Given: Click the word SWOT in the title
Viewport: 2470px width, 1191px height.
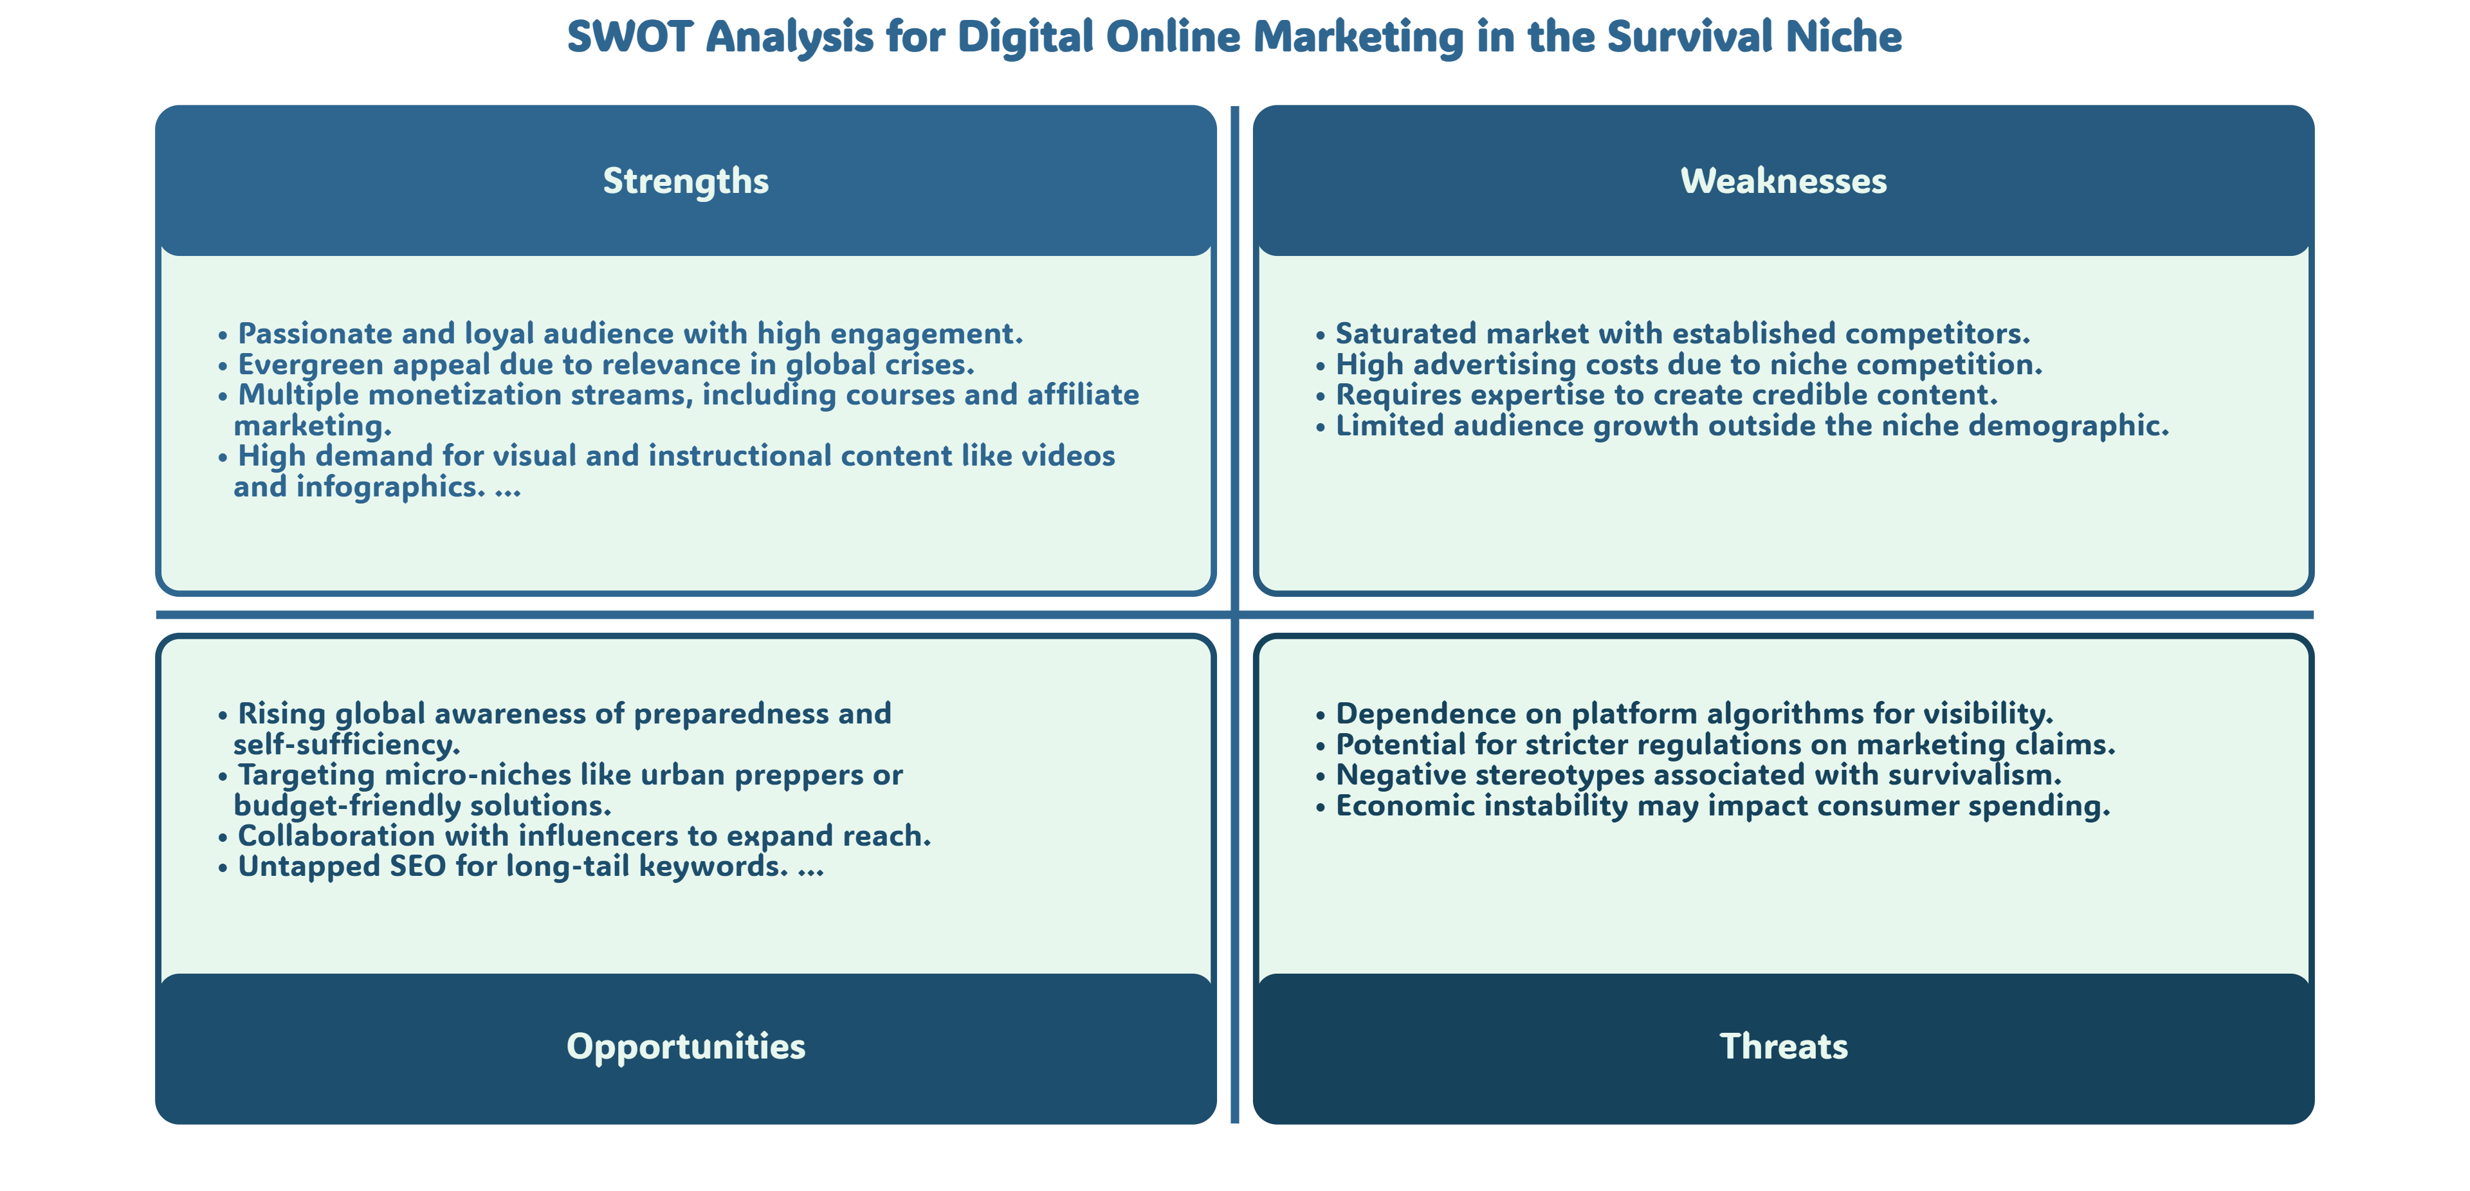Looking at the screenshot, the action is [x=630, y=37].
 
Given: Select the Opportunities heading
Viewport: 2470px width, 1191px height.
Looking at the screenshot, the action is [x=686, y=1046].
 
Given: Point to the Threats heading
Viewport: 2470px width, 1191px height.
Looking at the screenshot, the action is [x=1784, y=1046].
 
